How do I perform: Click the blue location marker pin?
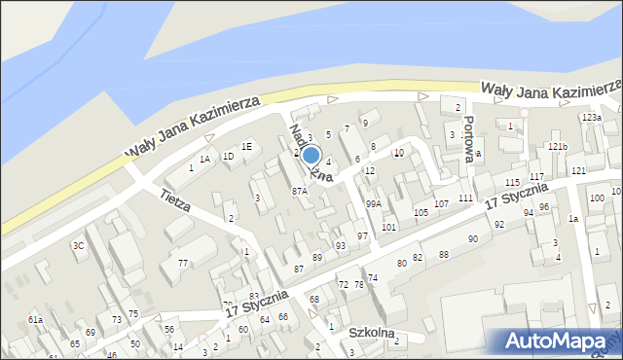(311, 155)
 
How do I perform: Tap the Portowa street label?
(470, 137)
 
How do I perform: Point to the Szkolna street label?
(372, 333)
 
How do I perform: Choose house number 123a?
(591, 118)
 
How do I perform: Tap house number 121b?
(557, 146)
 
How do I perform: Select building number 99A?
(373, 204)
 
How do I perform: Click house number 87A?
(300, 192)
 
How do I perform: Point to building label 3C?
(79, 246)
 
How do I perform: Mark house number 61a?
(35, 320)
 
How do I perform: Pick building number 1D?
(228, 156)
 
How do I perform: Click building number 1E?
(247, 146)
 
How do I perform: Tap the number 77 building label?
(182, 264)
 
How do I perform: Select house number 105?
(421, 212)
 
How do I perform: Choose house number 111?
(465, 198)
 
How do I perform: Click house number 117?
(536, 176)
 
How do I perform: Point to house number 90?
(473, 238)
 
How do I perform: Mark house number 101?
(388, 227)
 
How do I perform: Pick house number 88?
(443, 254)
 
